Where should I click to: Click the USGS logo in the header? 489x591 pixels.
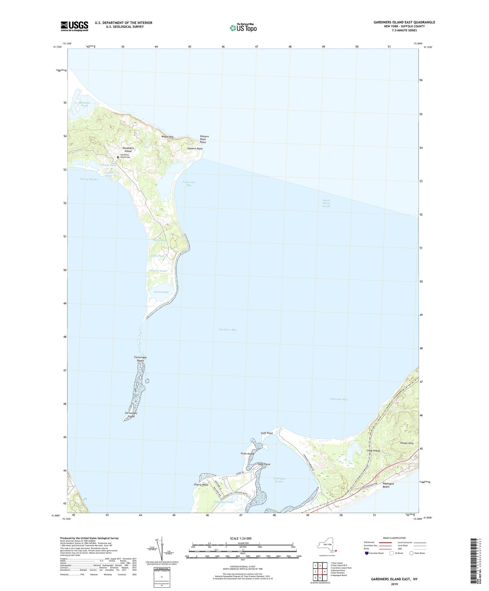pyautogui.click(x=74, y=26)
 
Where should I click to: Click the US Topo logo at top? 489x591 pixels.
pyautogui.click(x=243, y=28)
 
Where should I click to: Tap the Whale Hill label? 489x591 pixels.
pyautogui.click(x=167, y=137)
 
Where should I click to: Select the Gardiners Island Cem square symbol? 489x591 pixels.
pyautogui.click(x=118, y=157)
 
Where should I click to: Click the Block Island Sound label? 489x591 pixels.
pyautogui.click(x=326, y=203)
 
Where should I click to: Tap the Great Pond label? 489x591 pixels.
pyautogui.click(x=161, y=292)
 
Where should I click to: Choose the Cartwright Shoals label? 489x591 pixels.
pyautogui.click(x=141, y=359)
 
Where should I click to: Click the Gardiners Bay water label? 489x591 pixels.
pyautogui.click(x=228, y=330)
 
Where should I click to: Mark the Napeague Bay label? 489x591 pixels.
pyautogui.click(x=339, y=399)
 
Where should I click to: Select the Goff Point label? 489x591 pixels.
pyautogui.click(x=267, y=433)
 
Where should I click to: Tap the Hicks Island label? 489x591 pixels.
pyautogui.click(x=247, y=454)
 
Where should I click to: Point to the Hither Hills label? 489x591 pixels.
pyautogui.click(x=407, y=443)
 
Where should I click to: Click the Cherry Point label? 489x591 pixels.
pyautogui.click(x=201, y=485)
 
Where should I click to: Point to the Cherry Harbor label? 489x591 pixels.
pyautogui.click(x=89, y=180)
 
